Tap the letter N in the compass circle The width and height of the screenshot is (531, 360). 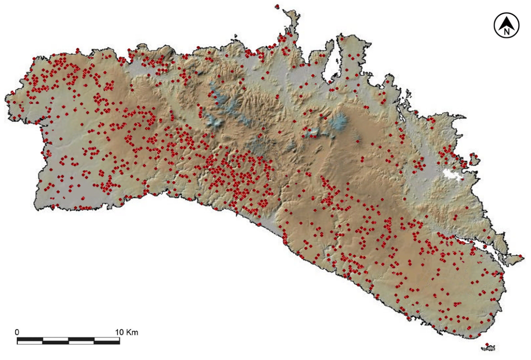tap(507, 31)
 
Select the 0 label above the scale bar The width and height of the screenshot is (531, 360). tap(17, 332)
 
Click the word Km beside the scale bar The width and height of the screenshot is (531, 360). tap(132, 332)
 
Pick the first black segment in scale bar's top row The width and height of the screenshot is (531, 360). tap(30, 339)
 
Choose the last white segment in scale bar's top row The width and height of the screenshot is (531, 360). tap(107, 339)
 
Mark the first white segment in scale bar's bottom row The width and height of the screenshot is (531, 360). tap(30, 342)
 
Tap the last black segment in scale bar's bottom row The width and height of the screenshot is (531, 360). tap(107, 342)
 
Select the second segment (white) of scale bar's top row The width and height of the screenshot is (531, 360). tap(55, 339)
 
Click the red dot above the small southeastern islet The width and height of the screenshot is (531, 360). tap(487, 345)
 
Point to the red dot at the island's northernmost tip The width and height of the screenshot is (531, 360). tap(277, 6)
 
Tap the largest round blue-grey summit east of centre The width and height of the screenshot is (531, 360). tap(340, 120)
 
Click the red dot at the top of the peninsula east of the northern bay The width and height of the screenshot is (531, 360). tap(342, 39)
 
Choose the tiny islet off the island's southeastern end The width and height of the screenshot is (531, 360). tap(488, 348)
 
